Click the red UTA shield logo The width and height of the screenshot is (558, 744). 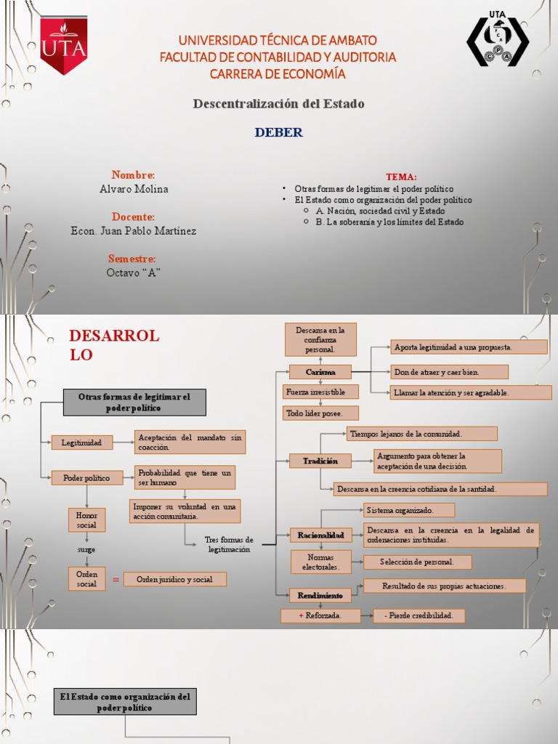63,45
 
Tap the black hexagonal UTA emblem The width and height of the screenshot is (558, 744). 497,42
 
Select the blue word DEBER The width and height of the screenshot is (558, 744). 279,132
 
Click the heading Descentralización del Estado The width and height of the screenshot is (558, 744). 278,104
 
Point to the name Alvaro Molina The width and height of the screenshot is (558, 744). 134,189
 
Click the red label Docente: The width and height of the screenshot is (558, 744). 133,217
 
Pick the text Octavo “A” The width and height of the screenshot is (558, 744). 133,272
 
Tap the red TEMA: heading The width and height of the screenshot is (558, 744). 401,177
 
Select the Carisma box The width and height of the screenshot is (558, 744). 320,372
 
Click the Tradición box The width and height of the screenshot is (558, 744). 320,461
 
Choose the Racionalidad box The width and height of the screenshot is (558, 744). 320,535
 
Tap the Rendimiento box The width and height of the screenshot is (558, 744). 320,595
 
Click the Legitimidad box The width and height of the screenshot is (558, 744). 81,442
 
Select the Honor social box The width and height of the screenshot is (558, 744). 86,520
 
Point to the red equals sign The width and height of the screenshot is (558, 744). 116,579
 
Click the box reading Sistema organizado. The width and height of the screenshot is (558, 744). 409,510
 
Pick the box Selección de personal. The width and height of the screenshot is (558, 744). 417,562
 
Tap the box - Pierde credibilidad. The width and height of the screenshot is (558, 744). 418,615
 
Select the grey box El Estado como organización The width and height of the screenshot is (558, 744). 125,702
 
